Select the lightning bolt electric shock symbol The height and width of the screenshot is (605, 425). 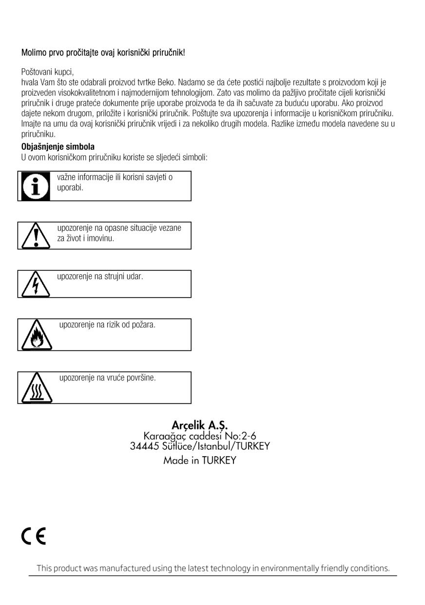click(34, 284)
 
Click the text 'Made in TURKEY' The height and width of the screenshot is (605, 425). click(200, 460)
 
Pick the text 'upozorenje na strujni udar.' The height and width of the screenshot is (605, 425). click(100, 277)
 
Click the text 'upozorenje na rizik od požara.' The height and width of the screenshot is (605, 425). click(107, 325)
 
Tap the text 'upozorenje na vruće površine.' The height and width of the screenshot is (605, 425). click(107, 378)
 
